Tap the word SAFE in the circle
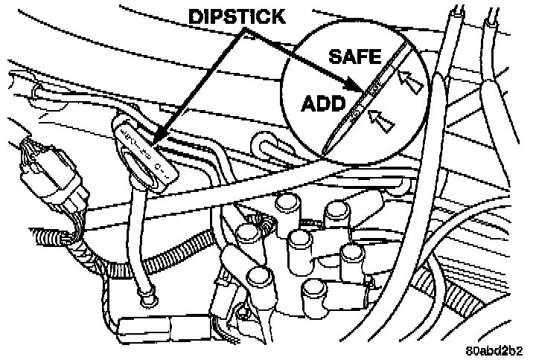pos(354,56)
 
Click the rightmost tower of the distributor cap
pos(352,254)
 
